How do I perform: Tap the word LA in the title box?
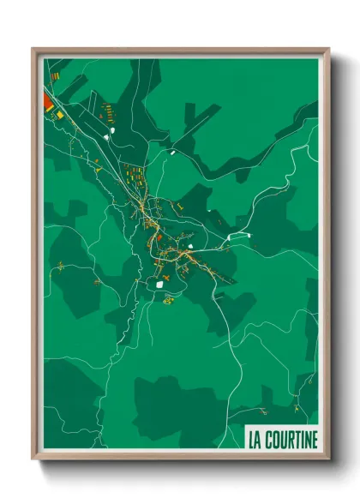255,441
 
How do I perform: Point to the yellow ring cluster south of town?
169,300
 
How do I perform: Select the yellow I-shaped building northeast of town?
182,206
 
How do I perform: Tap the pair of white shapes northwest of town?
108,135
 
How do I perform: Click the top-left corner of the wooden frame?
33,49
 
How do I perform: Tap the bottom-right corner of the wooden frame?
328,459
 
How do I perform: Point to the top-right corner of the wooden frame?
328,49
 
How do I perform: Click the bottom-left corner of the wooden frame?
33,459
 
